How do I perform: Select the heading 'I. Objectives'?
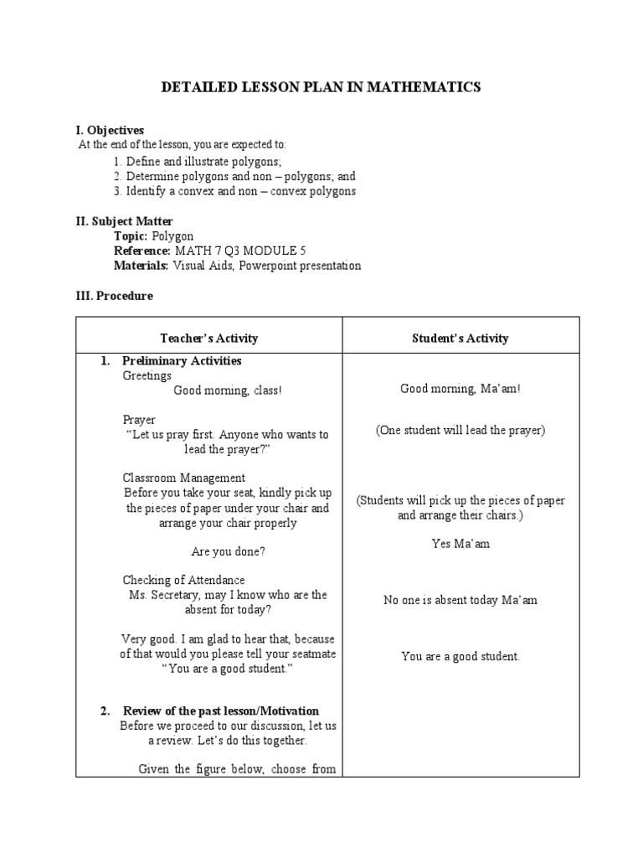point(110,130)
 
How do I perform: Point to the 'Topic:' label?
point(131,236)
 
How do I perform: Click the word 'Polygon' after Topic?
point(172,236)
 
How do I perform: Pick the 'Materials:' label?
point(141,266)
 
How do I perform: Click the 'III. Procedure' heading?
point(114,296)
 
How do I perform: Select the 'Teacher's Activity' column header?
point(208,339)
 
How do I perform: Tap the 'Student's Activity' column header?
point(460,339)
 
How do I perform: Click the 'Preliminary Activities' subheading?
point(182,361)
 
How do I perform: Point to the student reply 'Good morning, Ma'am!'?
point(460,388)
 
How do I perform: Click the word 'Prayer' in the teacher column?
point(139,420)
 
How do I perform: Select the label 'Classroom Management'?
point(184,478)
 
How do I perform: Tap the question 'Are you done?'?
point(228,552)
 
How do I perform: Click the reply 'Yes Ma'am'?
point(460,544)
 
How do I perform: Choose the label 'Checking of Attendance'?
point(183,580)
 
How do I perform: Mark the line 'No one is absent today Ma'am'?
point(460,600)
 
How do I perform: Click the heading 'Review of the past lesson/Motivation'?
point(220,711)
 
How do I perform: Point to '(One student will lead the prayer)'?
point(460,430)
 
